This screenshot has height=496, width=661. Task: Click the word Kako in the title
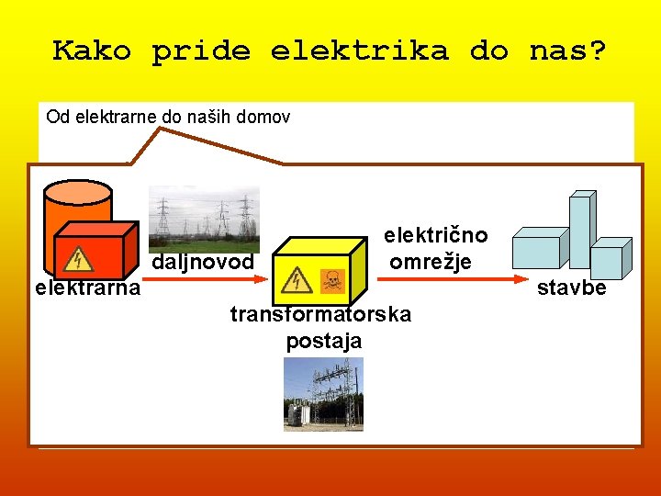point(91,51)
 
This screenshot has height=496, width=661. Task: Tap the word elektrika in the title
point(359,51)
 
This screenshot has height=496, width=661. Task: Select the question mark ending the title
point(597,51)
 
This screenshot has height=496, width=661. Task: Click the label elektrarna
point(87,288)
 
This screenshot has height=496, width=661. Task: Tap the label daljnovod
point(202,263)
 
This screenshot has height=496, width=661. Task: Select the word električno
point(435,235)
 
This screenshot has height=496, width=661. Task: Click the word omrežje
point(431,262)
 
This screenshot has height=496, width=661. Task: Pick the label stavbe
point(571,288)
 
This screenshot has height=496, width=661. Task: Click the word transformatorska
point(320,315)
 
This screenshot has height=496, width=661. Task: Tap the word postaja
point(323,342)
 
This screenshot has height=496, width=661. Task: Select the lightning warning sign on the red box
point(84,259)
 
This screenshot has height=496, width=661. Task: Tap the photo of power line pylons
point(204,219)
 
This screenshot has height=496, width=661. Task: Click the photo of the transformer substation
point(323,394)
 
